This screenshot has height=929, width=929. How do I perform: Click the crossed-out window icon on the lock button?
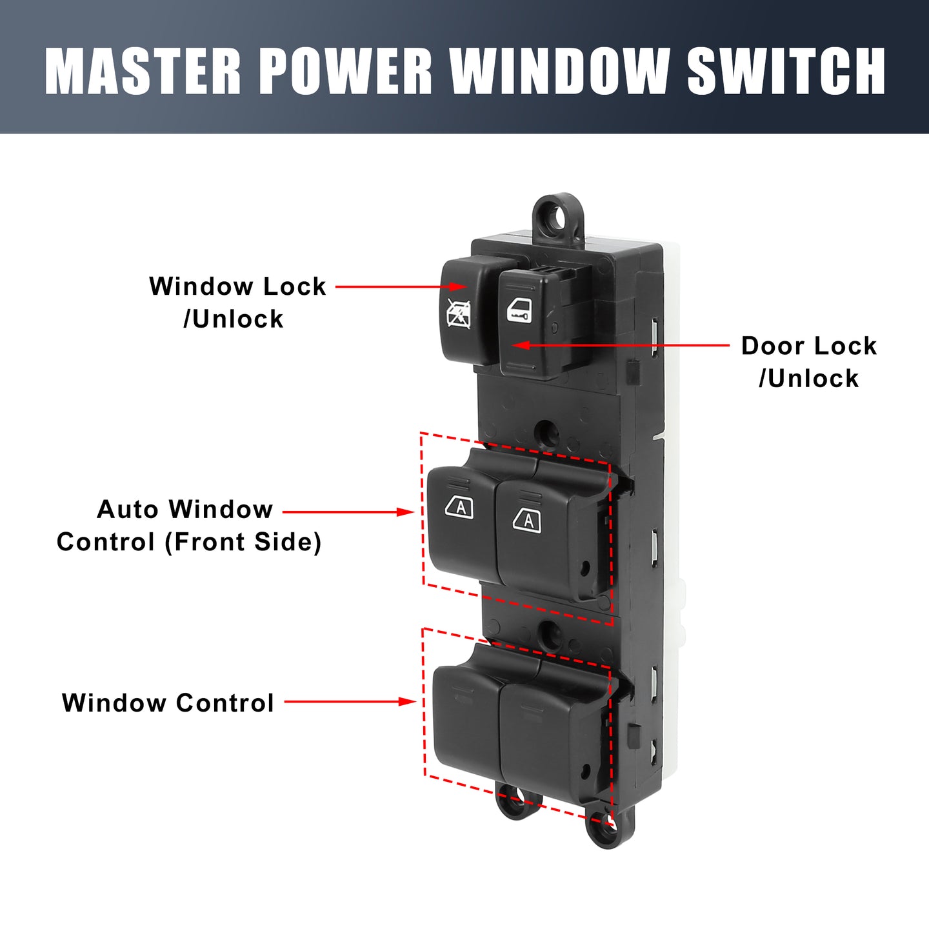coord(459,313)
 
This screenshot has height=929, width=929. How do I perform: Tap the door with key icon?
coord(518,310)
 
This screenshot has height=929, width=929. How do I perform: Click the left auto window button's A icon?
coord(459,506)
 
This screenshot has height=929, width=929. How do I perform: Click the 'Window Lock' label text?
coord(237,286)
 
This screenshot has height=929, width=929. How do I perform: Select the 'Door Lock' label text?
coord(809,346)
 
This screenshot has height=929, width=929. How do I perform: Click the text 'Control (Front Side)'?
coord(189,542)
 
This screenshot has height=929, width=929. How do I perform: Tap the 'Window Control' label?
coord(168,703)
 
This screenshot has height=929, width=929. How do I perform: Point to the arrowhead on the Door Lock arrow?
coord(521,345)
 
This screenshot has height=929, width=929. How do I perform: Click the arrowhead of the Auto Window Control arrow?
coord(405,512)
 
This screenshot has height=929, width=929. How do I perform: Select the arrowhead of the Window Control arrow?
coord(406,702)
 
